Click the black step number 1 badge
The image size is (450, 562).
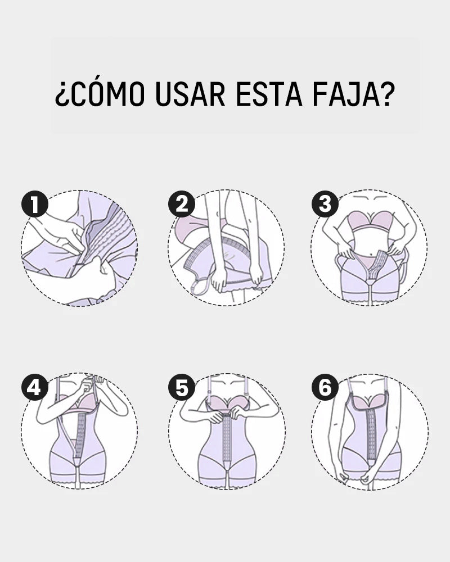click(x=34, y=205)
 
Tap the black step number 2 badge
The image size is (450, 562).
click(x=182, y=205)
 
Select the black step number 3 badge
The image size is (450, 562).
click(x=325, y=205)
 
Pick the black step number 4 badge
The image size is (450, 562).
click(x=34, y=388)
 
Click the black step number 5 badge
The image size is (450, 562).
click(x=182, y=388)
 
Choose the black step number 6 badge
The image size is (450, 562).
click(x=325, y=388)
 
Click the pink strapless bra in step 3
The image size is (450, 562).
click(x=369, y=220)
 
